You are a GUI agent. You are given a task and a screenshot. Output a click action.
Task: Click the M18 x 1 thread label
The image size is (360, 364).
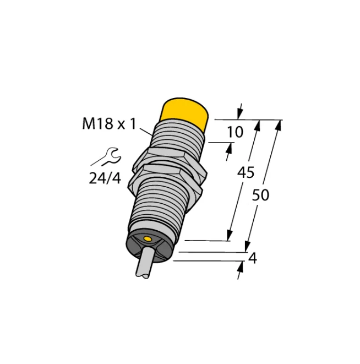[x=108, y=125]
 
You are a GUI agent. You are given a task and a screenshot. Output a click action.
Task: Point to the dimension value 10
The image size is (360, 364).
[x=234, y=132]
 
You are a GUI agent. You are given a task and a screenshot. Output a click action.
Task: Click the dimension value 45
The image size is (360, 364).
[x=245, y=173]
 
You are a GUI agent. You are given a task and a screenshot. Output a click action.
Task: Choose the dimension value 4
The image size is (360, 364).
[x=252, y=257]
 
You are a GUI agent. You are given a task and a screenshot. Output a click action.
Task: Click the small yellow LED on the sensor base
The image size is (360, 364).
[x=148, y=238]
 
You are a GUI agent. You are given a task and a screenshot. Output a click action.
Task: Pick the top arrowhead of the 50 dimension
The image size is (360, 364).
[x=279, y=125]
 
